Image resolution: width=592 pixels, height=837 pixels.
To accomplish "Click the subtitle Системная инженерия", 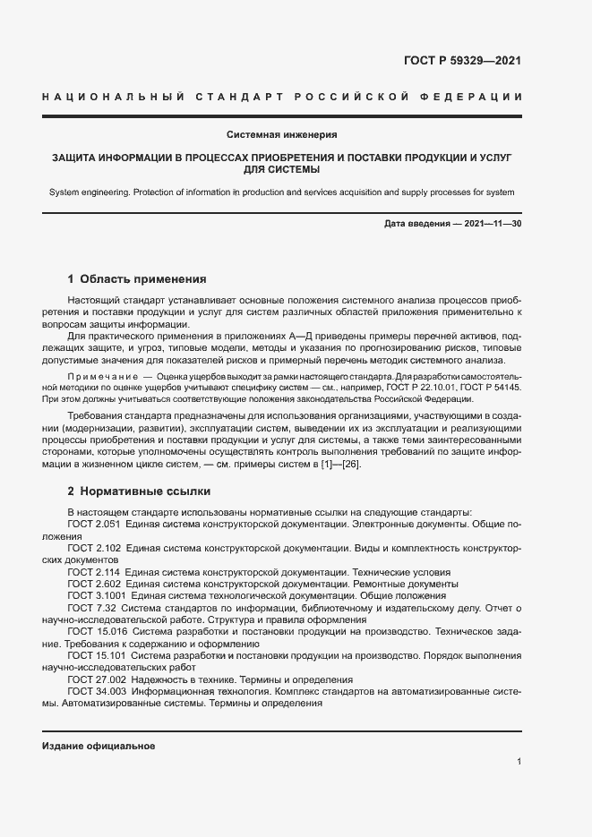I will click(x=281, y=134).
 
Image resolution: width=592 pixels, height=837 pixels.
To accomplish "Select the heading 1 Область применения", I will click(x=137, y=278).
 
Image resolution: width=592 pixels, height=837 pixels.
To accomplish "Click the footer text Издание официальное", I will click(x=99, y=746).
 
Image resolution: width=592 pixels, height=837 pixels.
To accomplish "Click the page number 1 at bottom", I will click(x=519, y=762).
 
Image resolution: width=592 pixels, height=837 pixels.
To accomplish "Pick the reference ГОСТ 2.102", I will click(x=93, y=546).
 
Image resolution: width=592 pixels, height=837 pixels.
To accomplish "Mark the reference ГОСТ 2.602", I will click(x=93, y=583).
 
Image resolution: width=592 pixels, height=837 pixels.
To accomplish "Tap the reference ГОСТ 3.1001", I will click(x=96, y=595).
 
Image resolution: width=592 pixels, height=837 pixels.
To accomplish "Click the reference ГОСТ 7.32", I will click(x=90, y=607).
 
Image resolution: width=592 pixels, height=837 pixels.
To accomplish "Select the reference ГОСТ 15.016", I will click(x=96, y=631).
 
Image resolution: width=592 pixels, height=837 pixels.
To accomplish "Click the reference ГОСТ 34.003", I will click(x=96, y=692).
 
